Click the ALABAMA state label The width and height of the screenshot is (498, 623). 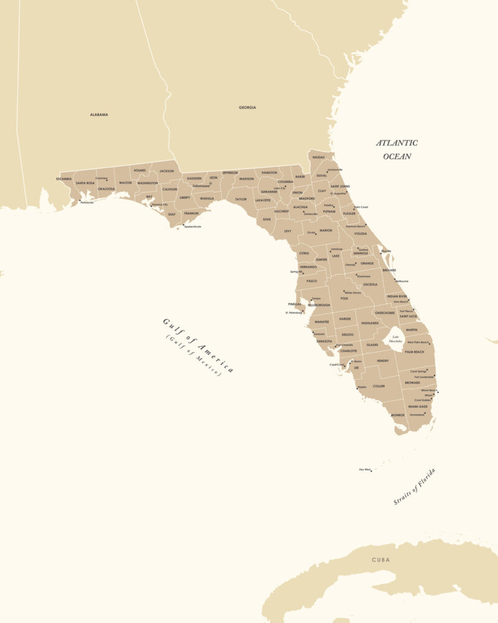99,115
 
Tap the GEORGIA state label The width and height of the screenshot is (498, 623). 247,107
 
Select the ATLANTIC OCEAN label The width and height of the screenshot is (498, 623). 397,150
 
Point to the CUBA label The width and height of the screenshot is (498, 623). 381,559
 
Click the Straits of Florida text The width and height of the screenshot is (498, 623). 415,486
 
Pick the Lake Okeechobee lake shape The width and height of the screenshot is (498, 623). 396,340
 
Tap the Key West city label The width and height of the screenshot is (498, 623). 365,469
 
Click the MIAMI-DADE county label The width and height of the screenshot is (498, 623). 418,406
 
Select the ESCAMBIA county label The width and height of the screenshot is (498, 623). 63,179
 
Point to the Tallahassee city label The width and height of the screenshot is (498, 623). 201,186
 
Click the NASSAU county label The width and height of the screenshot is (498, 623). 319,157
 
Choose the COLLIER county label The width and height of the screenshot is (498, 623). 378,386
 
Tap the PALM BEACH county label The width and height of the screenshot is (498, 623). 414,352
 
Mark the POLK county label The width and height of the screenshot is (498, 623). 344,298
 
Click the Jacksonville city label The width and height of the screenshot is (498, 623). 335,169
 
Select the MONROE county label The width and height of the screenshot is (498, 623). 398,415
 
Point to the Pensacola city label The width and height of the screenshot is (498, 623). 87,202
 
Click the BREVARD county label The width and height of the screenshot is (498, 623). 389,270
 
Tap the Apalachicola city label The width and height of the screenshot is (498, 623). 192,227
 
